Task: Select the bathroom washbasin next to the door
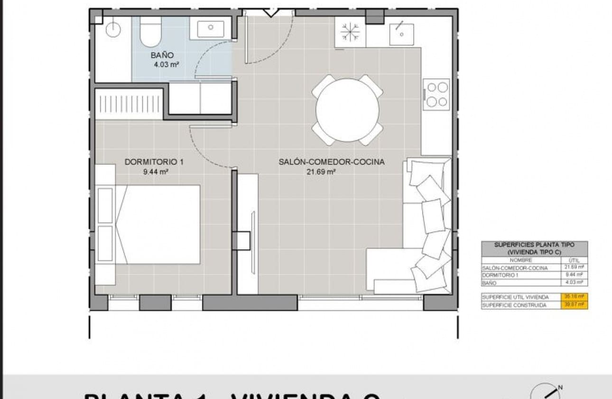(210, 29)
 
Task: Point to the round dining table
(347, 110)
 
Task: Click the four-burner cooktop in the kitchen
(436, 94)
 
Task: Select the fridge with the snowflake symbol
(351, 32)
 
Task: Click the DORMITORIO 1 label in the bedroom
(154, 162)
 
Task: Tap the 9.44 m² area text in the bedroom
(156, 172)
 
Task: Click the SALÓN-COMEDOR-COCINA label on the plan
(331, 162)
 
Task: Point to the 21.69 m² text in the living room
(322, 172)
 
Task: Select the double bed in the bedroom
(157, 224)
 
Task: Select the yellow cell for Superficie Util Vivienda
(575, 297)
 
